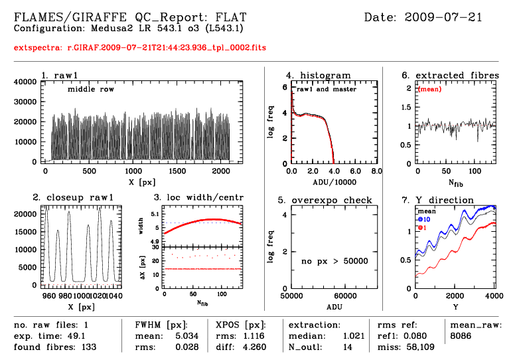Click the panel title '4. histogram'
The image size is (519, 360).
[x=319, y=75]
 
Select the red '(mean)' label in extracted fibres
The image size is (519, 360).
[x=429, y=88]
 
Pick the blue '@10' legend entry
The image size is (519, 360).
[x=425, y=219]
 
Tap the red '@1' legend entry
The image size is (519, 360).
[x=422, y=228]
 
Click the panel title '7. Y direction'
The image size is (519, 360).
[x=438, y=200]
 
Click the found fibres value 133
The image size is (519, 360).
[x=87, y=346]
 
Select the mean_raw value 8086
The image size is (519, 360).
[x=463, y=336]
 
